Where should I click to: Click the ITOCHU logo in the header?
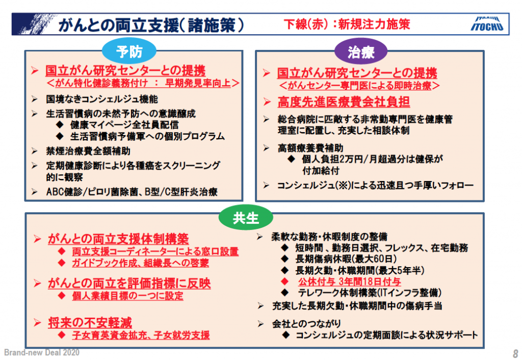tap(487, 23)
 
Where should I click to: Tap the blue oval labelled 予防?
tap(129, 52)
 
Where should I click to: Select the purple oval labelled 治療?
tap(361, 52)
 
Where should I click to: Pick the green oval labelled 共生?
tap(246, 218)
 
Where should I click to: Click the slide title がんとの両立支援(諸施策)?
tap(151, 25)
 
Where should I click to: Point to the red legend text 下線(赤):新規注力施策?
tap(347, 24)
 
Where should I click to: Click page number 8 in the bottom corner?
tap(515, 353)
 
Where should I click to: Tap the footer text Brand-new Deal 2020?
tap(42, 352)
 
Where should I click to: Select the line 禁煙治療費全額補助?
tap(88, 151)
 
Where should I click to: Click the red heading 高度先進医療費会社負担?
tap(344, 102)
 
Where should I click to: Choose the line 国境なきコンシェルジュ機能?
tap(102, 99)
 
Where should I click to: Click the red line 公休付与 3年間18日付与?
tap(350, 282)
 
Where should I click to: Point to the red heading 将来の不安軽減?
tap(90, 322)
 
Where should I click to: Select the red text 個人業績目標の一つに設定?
tap(127, 296)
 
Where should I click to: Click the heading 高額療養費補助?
tap(310, 148)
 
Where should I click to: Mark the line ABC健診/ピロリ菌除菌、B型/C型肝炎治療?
tap(132, 192)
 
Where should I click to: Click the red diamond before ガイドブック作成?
tap(62, 263)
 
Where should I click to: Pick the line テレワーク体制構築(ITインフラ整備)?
tap(370, 293)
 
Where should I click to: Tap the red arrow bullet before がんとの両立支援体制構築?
tap(37, 239)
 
